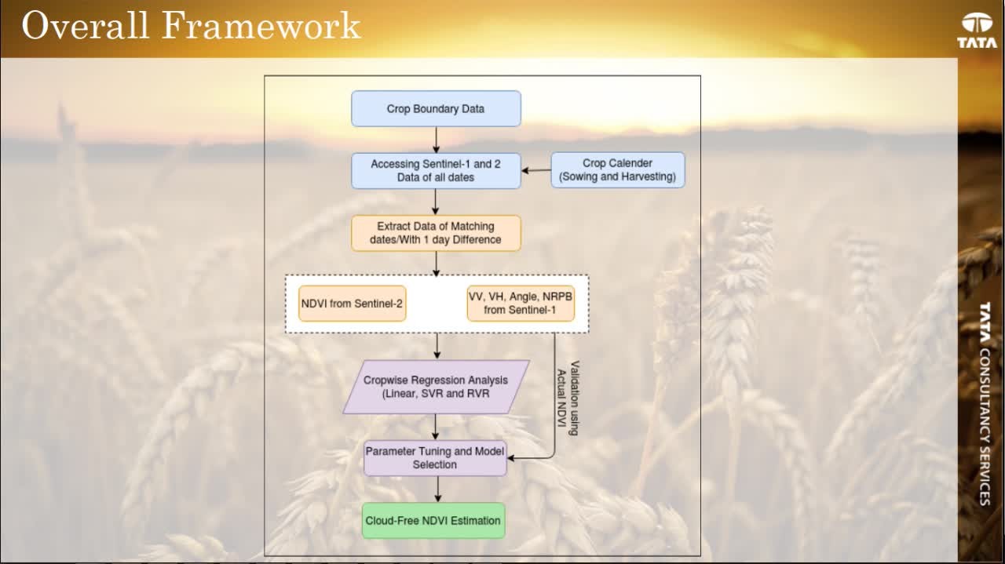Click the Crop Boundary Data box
(x=436, y=109)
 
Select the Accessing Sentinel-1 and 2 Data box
(x=436, y=170)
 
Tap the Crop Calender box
(x=617, y=169)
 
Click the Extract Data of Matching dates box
(x=436, y=233)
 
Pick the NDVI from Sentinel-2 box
(x=353, y=304)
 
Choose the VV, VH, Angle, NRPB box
(x=521, y=304)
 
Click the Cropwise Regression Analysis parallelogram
(x=436, y=387)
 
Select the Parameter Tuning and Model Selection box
(x=435, y=458)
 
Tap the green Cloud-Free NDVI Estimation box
(x=433, y=520)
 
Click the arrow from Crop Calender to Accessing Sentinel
(x=536, y=170)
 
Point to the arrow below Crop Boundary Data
(x=436, y=139)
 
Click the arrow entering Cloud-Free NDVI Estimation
(x=437, y=489)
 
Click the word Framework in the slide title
(x=261, y=26)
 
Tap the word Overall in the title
(x=86, y=26)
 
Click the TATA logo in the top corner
(x=977, y=31)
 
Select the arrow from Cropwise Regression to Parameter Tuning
(x=436, y=427)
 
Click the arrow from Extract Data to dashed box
(x=436, y=263)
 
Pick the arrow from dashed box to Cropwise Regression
(x=437, y=346)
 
